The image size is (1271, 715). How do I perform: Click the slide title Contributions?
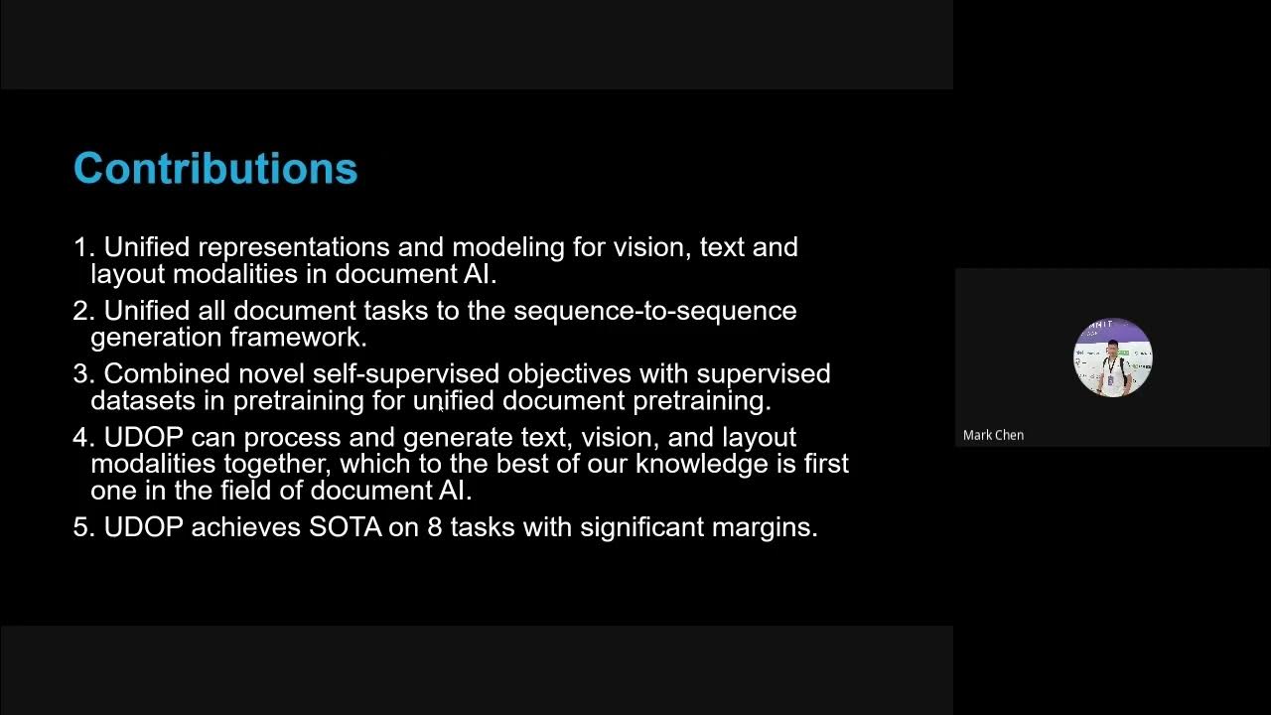215,169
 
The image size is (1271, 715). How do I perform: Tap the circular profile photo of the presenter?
1112,357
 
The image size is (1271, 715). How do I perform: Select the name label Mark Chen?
993,435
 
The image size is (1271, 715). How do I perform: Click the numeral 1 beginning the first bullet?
80,247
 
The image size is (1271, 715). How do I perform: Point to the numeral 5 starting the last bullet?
80,527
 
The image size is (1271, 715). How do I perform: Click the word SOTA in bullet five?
345,527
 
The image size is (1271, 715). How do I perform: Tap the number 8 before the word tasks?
434,527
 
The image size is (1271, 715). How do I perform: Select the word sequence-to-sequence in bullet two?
655,311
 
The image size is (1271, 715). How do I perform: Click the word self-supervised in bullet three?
406,374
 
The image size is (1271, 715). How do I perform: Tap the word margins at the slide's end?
764,527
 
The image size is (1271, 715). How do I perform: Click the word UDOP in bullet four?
143,438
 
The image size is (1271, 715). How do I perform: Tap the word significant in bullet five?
642,527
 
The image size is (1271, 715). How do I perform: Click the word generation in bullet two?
157,338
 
